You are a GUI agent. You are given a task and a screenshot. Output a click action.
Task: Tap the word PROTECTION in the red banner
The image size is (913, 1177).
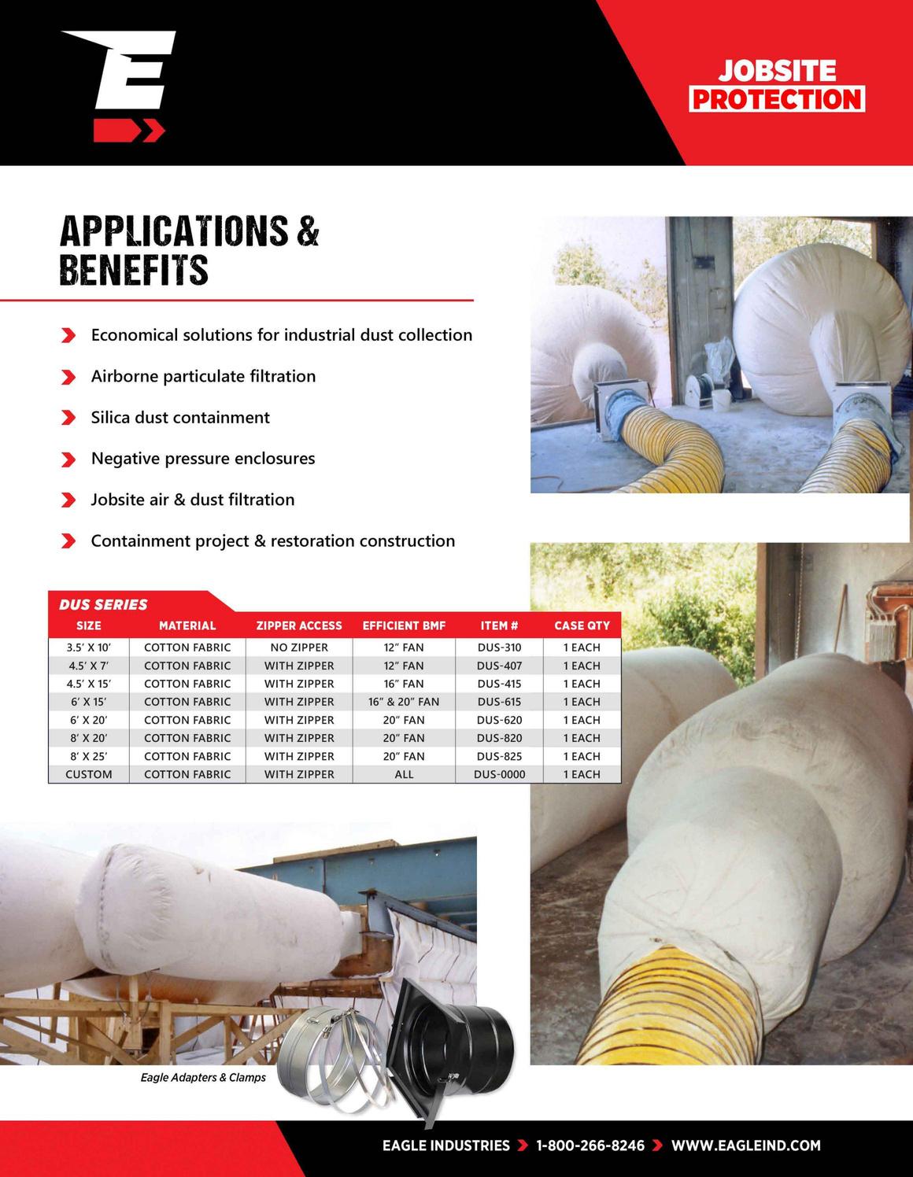click(x=777, y=100)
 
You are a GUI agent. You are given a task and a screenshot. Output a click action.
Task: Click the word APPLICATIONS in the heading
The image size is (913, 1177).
click(x=174, y=231)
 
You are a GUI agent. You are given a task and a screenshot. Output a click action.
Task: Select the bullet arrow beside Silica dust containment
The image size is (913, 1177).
click(x=68, y=418)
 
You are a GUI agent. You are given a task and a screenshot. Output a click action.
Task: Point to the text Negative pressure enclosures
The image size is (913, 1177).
click(x=203, y=459)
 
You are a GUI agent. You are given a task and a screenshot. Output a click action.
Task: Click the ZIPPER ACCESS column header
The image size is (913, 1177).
click(x=299, y=626)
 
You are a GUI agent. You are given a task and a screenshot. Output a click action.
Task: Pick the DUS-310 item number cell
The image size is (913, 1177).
click(x=499, y=648)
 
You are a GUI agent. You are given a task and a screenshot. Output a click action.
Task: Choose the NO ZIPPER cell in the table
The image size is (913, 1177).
click(x=299, y=648)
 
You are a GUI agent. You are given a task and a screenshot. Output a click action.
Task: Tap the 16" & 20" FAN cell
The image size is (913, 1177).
click(x=404, y=702)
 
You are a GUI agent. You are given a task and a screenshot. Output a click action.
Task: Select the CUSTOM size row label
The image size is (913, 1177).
click(x=89, y=774)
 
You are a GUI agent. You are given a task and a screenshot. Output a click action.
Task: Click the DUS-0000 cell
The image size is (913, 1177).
click(x=499, y=774)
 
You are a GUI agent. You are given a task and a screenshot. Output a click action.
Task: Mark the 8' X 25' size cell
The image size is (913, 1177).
click(x=89, y=756)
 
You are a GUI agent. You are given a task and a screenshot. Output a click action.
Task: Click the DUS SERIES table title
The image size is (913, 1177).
click(x=103, y=604)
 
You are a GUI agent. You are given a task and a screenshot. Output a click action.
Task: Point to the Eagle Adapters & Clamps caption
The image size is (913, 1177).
click(x=203, y=1077)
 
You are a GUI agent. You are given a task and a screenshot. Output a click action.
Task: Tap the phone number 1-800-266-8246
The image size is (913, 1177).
click(x=590, y=1146)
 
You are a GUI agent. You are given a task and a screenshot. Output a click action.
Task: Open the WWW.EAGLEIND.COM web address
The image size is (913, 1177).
click(x=745, y=1146)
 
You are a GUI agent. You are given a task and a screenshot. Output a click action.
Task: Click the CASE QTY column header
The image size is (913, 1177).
click(x=582, y=626)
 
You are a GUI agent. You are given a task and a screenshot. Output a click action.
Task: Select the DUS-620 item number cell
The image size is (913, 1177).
click(x=499, y=720)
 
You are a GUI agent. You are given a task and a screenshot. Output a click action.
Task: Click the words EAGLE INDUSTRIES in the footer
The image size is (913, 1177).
click(x=445, y=1146)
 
